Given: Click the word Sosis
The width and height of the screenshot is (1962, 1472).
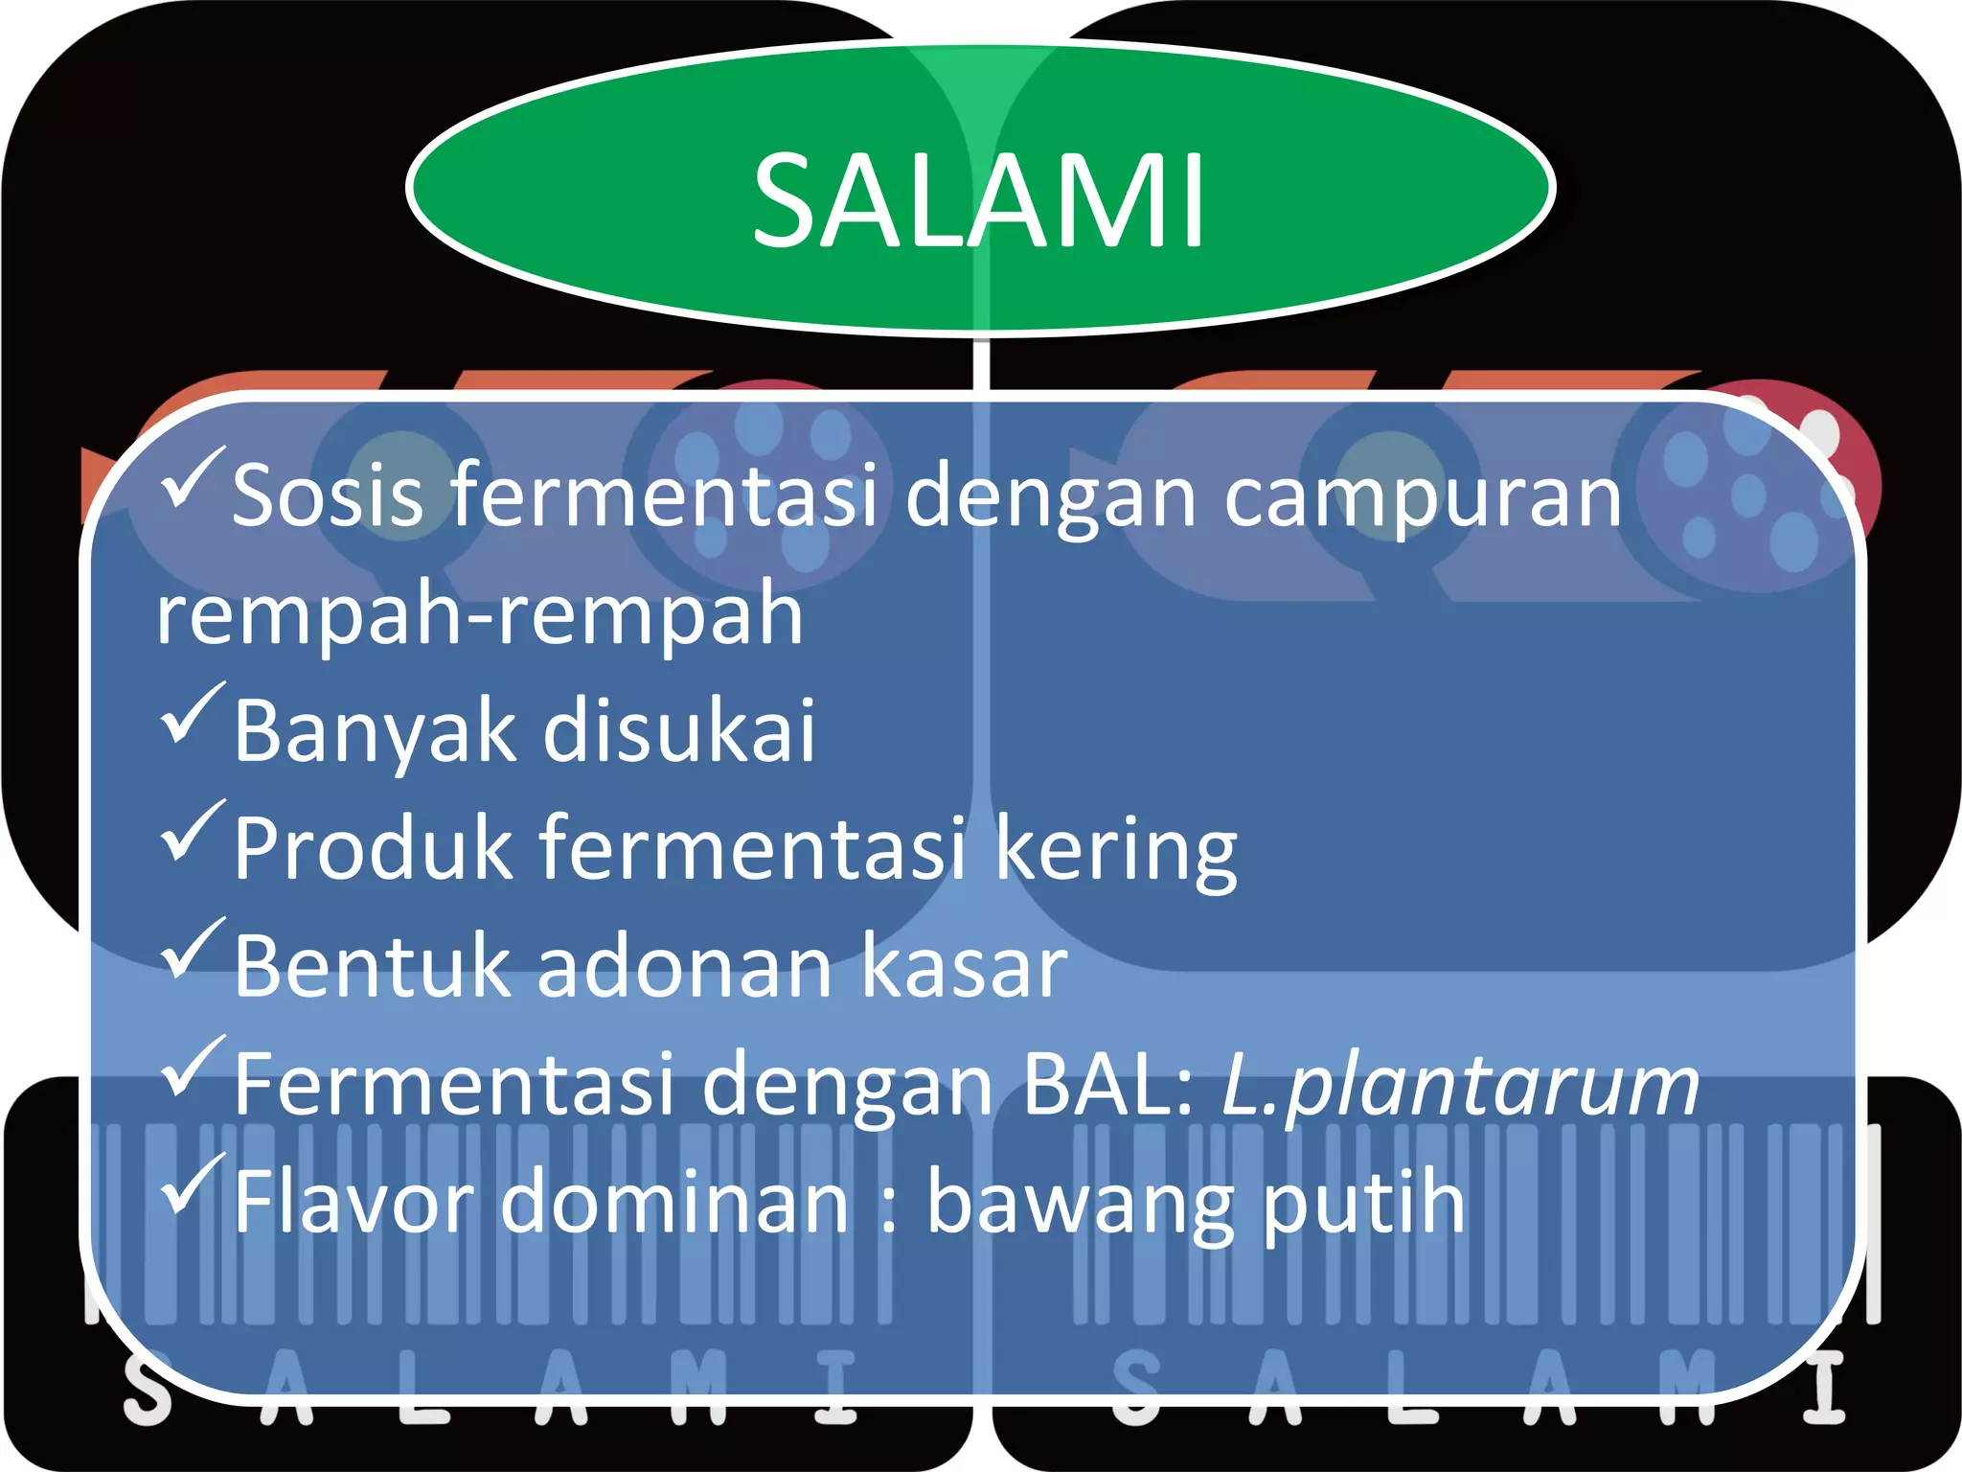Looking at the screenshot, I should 328,496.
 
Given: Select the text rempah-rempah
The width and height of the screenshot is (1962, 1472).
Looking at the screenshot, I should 479,615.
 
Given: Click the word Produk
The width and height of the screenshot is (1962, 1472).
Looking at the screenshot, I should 373,848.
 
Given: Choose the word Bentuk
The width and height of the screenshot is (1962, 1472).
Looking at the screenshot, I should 371,966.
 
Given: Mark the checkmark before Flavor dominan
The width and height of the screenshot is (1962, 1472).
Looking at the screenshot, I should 192,1184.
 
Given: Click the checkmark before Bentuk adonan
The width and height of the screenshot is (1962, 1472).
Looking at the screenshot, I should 192,949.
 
